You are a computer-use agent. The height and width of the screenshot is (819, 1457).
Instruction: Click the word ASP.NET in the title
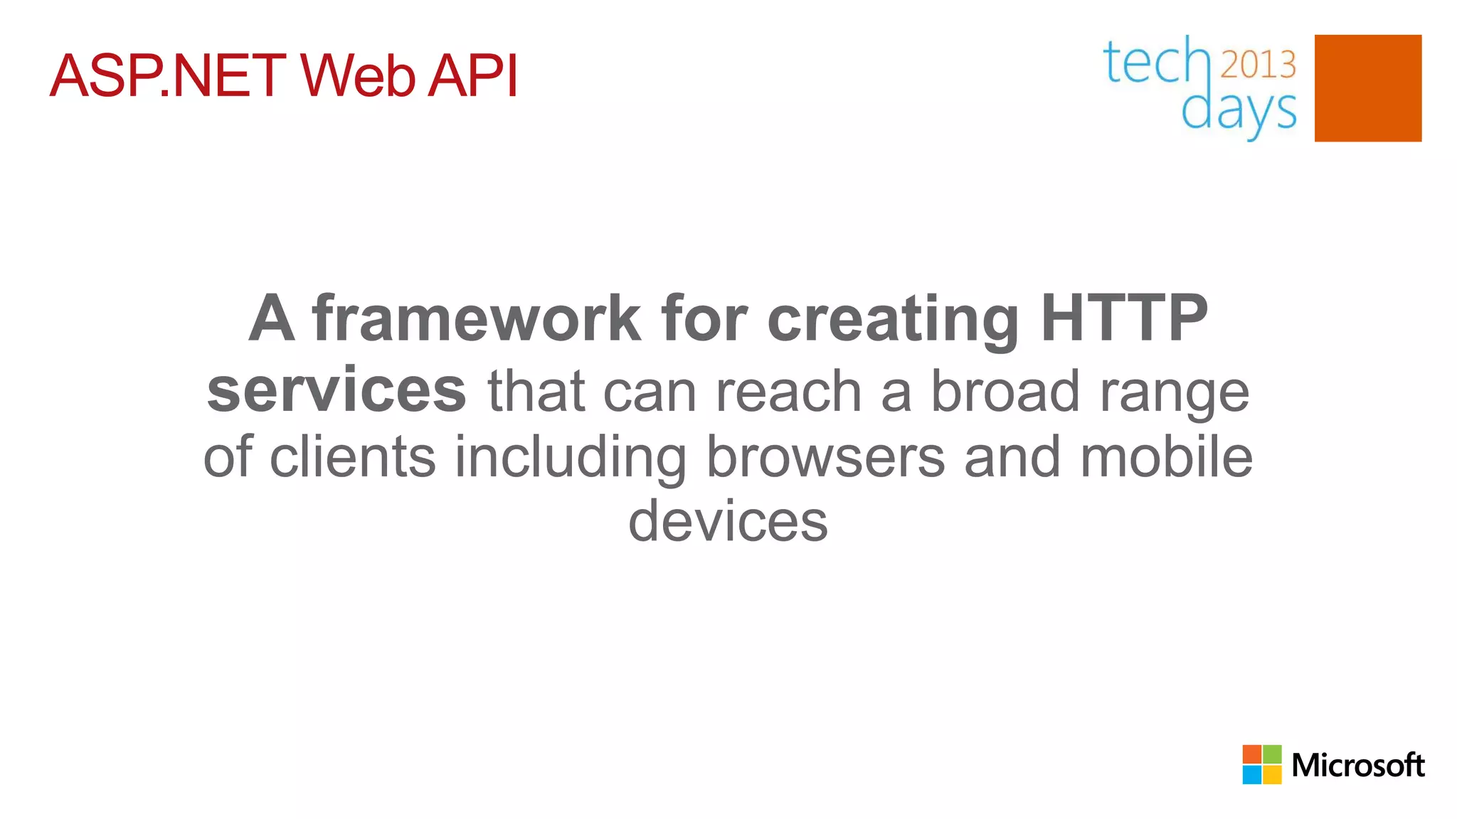[x=168, y=76]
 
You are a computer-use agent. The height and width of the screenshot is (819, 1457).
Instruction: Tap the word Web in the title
[x=357, y=76]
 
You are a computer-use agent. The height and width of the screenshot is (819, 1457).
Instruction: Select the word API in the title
[x=472, y=76]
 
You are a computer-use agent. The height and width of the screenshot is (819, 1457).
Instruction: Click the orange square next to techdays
[x=1367, y=88]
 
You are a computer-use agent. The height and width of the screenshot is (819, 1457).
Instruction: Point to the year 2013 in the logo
[x=1258, y=65]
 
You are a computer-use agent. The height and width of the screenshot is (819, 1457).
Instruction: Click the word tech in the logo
[x=1155, y=63]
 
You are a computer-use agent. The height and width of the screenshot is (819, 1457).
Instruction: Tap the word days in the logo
[x=1239, y=112]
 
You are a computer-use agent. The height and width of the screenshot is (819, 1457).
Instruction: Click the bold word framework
[x=477, y=318]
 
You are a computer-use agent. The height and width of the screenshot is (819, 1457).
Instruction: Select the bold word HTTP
[x=1124, y=318]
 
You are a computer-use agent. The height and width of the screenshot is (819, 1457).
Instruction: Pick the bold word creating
[x=894, y=320]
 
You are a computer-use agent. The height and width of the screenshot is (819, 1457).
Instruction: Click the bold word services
[x=337, y=391]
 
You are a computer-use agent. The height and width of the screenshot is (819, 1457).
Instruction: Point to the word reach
[x=788, y=392]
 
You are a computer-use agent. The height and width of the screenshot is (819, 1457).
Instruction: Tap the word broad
[x=1005, y=391]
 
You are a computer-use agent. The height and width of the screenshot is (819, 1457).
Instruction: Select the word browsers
[x=825, y=457]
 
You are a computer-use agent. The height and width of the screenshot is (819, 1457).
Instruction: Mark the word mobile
[x=1166, y=457]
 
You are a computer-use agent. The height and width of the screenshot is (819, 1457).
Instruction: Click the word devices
[x=728, y=522]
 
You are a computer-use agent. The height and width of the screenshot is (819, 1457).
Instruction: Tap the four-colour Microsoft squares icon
[x=1261, y=764]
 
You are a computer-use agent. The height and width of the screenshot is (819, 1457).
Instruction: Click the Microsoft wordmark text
[x=1357, y=765]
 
